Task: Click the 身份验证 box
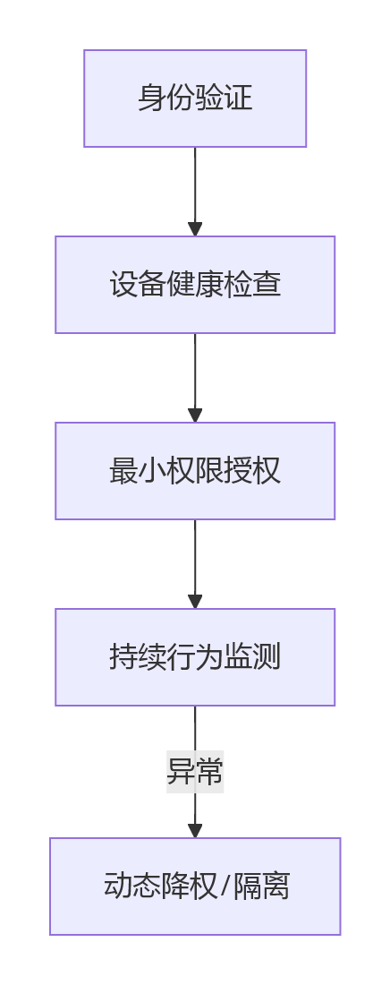pos(195,98)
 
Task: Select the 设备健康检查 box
pos(195,285)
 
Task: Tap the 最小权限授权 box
pos(195,470)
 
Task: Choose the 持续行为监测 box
pos(195,657)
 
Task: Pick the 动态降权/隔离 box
pos(195,886)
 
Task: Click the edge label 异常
pos(195,771)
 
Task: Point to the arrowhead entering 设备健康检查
pos(195,228)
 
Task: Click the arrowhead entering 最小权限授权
pos(195,415)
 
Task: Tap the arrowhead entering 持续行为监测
pos(195,601)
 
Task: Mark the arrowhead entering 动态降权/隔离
pos(195,830)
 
